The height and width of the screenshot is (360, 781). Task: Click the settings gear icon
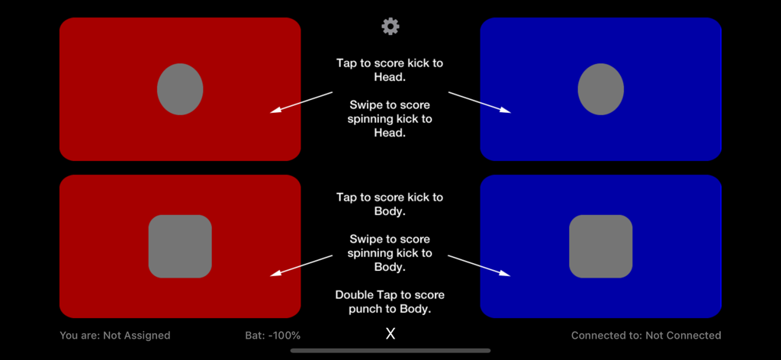(390, 27)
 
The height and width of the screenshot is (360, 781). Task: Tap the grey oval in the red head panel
(180, 89)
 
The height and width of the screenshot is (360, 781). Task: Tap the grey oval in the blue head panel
(601, 89)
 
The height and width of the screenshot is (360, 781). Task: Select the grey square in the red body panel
(180, 246)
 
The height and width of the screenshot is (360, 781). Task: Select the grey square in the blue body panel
(601, 246)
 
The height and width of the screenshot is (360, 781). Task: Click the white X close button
(390, 334)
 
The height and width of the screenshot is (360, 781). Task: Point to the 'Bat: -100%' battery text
(268, 336)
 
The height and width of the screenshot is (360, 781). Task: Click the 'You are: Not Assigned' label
(115, 336)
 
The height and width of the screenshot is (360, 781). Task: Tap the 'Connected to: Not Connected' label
(646, 336)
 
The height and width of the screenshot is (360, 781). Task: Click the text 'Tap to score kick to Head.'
(390, 70)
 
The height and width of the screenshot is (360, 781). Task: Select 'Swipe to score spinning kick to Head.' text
(390, 119)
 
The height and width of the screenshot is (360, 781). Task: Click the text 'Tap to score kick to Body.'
(390, 204)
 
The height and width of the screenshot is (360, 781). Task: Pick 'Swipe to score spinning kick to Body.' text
(390, 253)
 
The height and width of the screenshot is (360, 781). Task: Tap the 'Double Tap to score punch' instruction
(390, 302)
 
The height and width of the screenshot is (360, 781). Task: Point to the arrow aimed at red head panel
(302, 102)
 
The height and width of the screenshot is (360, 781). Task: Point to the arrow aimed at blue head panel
(479, 102)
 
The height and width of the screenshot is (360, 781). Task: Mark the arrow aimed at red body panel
(302, 265)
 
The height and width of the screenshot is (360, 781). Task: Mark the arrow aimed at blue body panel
(479, 265)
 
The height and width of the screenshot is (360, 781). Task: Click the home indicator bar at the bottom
(390, 351)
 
